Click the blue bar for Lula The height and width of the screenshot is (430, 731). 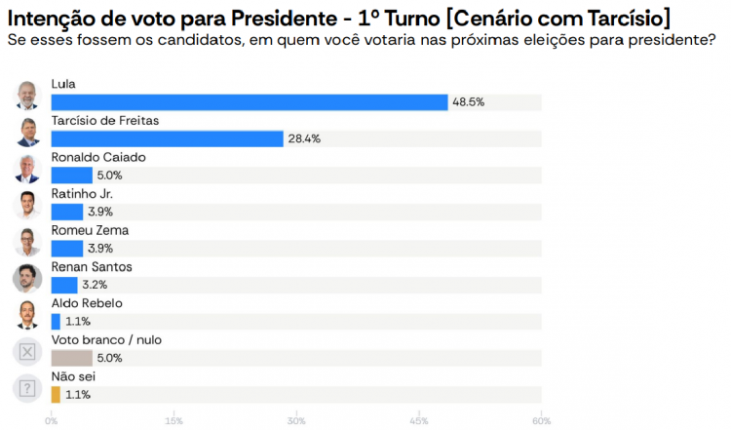point(249,102)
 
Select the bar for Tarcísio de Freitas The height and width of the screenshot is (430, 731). point(167,138)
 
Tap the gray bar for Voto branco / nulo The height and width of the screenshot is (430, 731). point(71,358)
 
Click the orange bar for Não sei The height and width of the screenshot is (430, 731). point(56,395)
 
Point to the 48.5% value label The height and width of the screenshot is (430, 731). point(468,102)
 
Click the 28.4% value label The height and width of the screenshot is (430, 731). point(304,138)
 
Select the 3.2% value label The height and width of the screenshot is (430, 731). point(96,285)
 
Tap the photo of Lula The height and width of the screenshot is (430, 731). point(27,96)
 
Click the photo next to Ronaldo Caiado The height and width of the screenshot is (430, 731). point(27,169)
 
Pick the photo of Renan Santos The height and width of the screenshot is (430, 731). point(27,278)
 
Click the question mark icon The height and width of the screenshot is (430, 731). point(27,388)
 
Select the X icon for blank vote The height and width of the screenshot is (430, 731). point(27,352)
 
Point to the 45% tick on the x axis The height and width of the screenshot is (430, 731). point(419,421)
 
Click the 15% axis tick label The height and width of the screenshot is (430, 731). point(174,421)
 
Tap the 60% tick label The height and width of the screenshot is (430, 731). point(541,421)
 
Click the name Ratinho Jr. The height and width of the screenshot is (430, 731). point(82,194)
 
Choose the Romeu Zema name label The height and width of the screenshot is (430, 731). point(90,230)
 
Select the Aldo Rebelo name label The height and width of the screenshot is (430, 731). point(87,303)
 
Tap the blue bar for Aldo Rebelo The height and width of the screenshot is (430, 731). point(56,322)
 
